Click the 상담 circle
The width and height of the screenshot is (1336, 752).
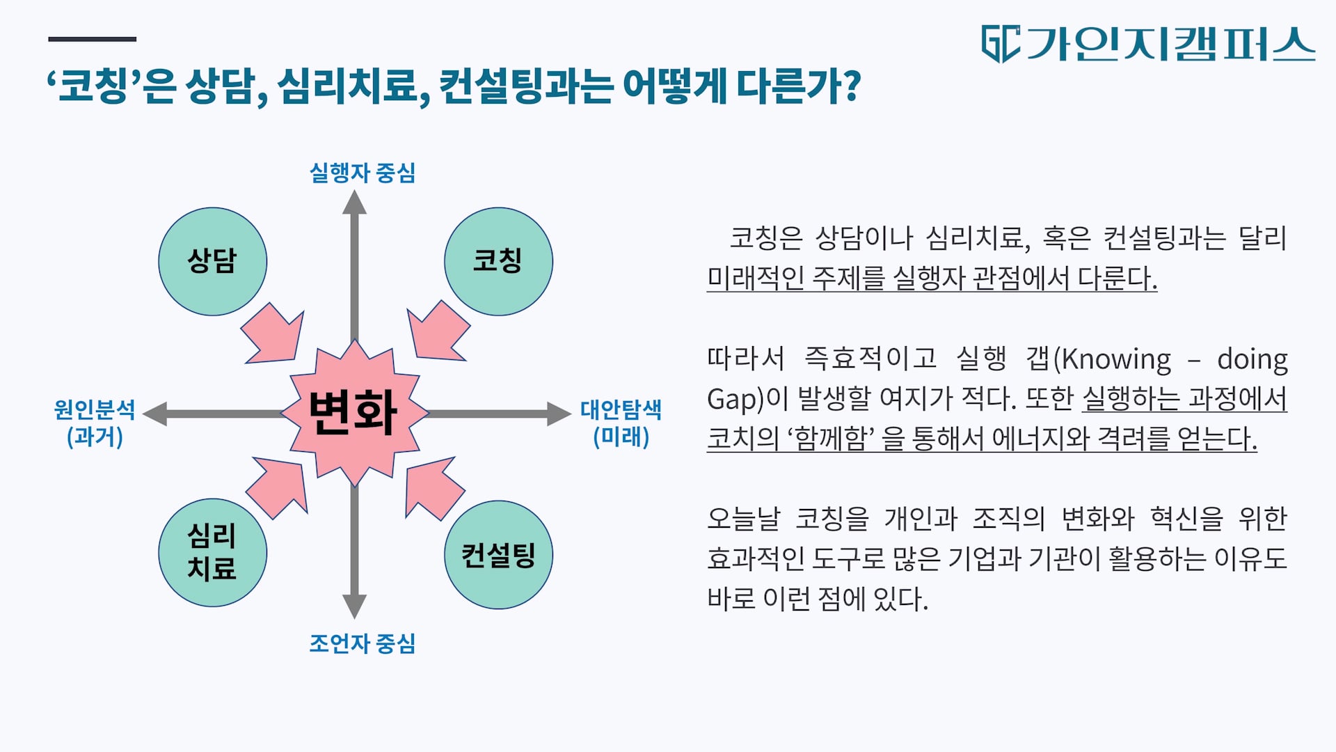click(x=213, y=262)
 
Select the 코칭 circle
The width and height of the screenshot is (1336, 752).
click(x=498, y=262)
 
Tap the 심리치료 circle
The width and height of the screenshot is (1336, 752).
click(x=213, y=553)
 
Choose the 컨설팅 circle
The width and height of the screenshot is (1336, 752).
click(x=498, y=555)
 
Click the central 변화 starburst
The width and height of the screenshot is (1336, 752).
click(x=355, y=413)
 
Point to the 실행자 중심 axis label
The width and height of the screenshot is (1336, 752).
click(x=362, y=173)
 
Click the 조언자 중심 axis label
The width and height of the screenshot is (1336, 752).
click(x=362, y=643)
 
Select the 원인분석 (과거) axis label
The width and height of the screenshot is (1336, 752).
click(x=95, y=423)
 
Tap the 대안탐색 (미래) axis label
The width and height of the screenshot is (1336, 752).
click(x=621, y=423)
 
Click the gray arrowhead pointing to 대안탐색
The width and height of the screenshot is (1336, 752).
click(x=559, y=414)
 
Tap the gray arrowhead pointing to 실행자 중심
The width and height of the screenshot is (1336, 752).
click(x=354, y=203)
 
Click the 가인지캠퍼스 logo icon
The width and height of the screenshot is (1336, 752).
click(x=1001, y=44)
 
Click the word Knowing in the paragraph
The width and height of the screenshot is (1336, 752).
click(x=1116, y=359)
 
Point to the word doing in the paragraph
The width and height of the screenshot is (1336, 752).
click(x=1252, y=359)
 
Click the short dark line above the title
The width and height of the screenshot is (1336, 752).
click(x=92, y=39)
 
